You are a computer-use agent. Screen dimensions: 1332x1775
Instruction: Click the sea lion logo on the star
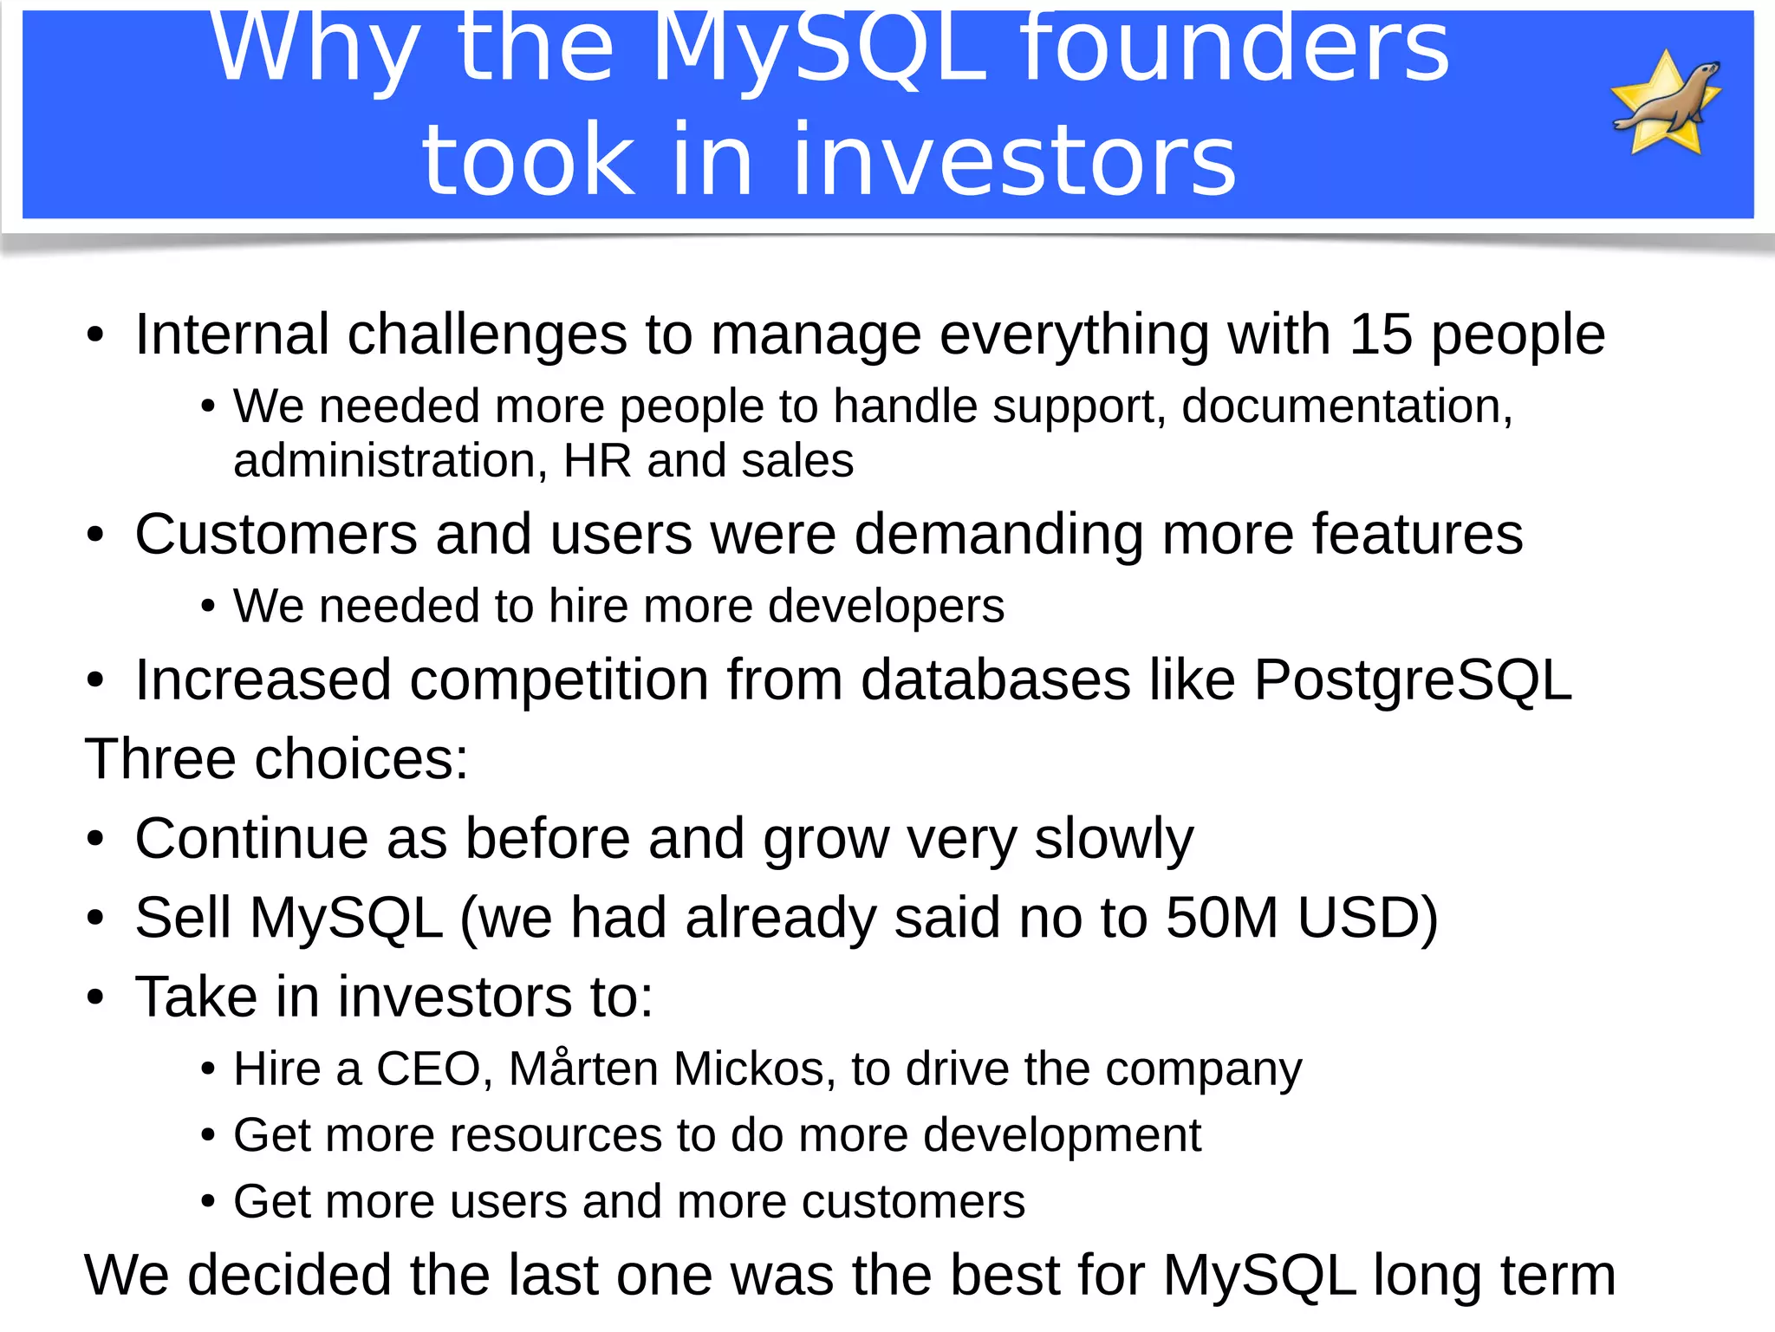coord(1666,102)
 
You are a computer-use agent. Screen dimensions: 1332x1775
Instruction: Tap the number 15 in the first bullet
coord(1380,335)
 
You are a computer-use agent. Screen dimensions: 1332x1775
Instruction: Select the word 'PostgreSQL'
coord(1413,680)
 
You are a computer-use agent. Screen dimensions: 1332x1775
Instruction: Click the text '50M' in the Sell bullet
coord(1222,918)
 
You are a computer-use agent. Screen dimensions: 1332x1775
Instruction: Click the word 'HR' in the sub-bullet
coord(597,460)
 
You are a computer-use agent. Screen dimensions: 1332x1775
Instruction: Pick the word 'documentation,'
coord(1347,406)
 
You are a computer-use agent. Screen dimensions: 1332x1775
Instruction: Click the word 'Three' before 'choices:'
coord(159,759)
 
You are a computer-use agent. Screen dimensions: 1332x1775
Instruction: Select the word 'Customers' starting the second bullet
coord(276,534)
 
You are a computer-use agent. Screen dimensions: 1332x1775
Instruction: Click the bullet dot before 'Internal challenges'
coord(95,336)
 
